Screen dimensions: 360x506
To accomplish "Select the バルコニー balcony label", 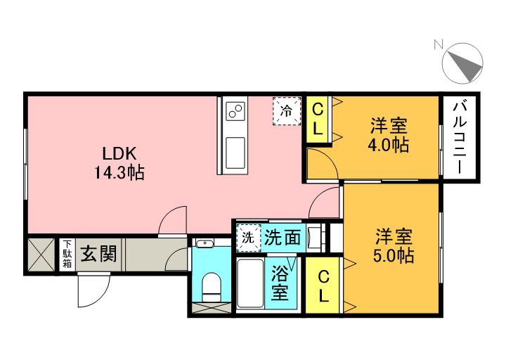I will pos(460,137).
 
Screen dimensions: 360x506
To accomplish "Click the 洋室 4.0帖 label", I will pos(390,136).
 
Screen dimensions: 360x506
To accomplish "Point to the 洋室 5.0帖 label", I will pos(391,245).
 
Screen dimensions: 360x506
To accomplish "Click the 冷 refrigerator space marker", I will pos(287,110).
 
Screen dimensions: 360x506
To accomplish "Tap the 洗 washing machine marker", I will pos(248,237).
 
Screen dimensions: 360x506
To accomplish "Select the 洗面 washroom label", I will pos(283,238).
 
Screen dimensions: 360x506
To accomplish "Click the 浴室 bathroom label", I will pos(280,282).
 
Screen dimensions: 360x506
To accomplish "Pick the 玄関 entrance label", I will pos(98,252).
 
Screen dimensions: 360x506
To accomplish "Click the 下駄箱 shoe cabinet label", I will pos(67,254).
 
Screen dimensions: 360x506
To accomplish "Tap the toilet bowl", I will pos(211,286).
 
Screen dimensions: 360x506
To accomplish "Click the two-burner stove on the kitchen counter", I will pos(235,111).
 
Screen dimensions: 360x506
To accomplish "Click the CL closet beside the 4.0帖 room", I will pos(318,119).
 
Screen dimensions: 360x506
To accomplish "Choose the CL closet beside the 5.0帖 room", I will pos(323,285).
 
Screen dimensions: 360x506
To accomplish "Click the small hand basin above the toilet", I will pos(205,245).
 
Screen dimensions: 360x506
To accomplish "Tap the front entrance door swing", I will pos(94,290).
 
